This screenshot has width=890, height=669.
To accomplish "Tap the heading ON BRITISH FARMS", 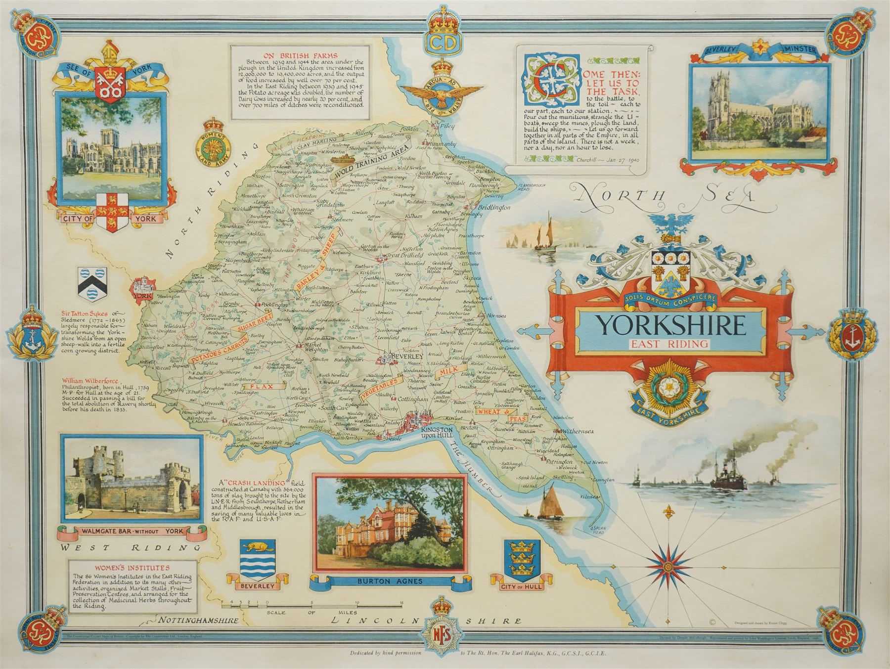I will (300, 55).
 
